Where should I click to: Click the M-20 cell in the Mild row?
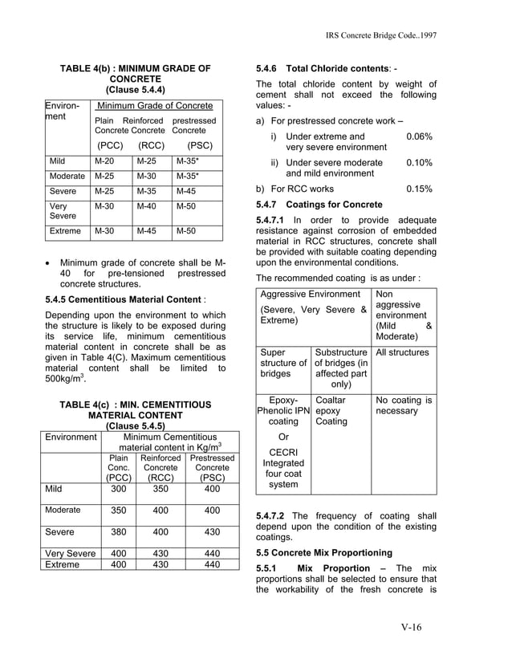click(104, 161)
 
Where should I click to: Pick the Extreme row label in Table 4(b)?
click(65, 231)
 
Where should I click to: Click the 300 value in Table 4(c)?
click(118, 488)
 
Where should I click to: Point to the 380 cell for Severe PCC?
click(118, 531)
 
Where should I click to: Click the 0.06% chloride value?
click(419, 136)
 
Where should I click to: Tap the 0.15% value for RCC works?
click(419, 189)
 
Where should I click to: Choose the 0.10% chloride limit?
click(419, 163)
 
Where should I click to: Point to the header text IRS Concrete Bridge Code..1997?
click(381, 38)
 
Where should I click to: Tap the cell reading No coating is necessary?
click(404, 405)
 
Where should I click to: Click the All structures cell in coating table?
click(402, 352)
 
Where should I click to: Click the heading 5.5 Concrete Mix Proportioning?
click(323, 553)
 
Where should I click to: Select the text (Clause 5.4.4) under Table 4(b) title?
click(136, 91)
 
